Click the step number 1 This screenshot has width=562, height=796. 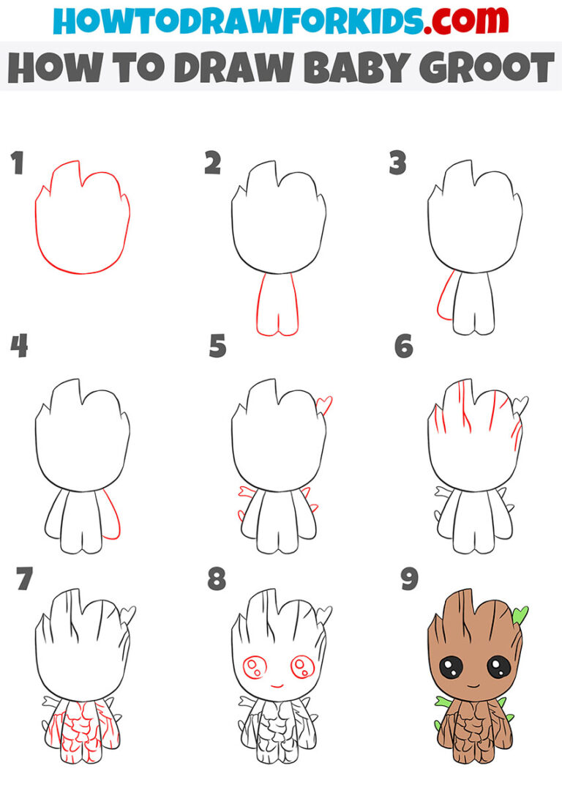[x=17, y=164]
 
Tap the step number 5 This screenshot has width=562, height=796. [x=217, y=346]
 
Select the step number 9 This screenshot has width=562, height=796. [x=409, y=579]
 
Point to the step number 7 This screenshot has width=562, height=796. [x=24, y=579]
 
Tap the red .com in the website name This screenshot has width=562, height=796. [x=457, y=22]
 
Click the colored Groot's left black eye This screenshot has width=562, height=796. [x=449, y=667]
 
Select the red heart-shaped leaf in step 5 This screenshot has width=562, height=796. [x=323, y=403]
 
